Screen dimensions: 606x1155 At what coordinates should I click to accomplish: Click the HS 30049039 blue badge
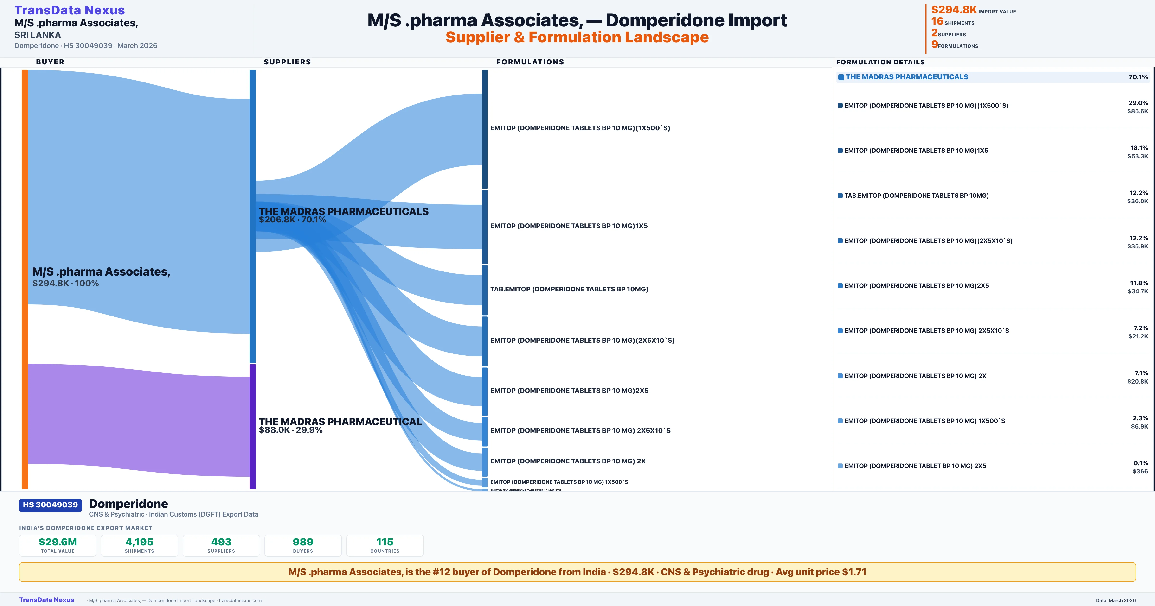point(50,505)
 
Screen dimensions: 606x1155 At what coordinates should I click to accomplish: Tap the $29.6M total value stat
point(58,545)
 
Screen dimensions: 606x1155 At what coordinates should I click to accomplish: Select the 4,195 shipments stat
point(140,545)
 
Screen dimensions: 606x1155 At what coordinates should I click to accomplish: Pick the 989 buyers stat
point(303,545)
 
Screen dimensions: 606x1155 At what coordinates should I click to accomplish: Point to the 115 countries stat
point(385,545)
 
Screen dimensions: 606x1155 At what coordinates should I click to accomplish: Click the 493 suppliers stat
point(221,545)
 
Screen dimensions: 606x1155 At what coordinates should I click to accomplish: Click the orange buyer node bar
point(25,278)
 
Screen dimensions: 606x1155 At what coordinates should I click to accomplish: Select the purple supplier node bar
point(252,426)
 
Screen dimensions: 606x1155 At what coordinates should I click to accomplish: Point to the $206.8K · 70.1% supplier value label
point(292,220)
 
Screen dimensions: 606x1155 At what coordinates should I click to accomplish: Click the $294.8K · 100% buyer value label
point(65,283)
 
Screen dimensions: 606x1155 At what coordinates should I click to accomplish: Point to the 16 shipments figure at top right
point(937,21)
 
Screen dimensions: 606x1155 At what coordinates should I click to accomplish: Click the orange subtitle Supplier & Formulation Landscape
point(577,37)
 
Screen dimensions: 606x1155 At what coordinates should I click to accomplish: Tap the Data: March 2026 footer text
point(1116,600)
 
